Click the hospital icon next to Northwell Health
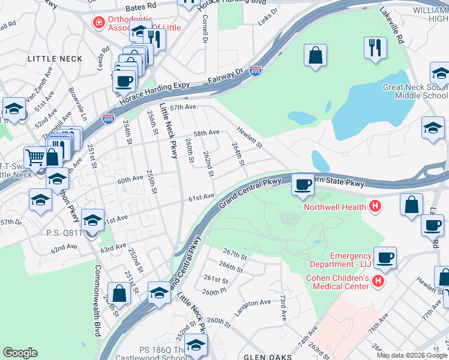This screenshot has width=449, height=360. (x=375, y=207)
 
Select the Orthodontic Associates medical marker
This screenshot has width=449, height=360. (x=97, y=23)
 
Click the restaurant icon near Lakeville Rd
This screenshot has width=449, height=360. (x=376, y=47)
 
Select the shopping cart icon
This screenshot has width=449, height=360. (x=35, y=158)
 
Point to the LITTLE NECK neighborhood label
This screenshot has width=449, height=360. (x=55, y=59)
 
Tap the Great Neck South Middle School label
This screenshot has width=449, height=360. (x=415, y=91)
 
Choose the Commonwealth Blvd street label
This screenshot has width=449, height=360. (x=97, y=300)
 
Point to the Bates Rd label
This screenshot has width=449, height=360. (x=141, y=7)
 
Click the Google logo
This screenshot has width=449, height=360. (x=20, y=353)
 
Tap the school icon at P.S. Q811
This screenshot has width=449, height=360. (x=92, y=221)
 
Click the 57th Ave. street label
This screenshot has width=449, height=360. (x=183, y=107)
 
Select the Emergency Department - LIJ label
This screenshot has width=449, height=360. (x=340, y=259)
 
